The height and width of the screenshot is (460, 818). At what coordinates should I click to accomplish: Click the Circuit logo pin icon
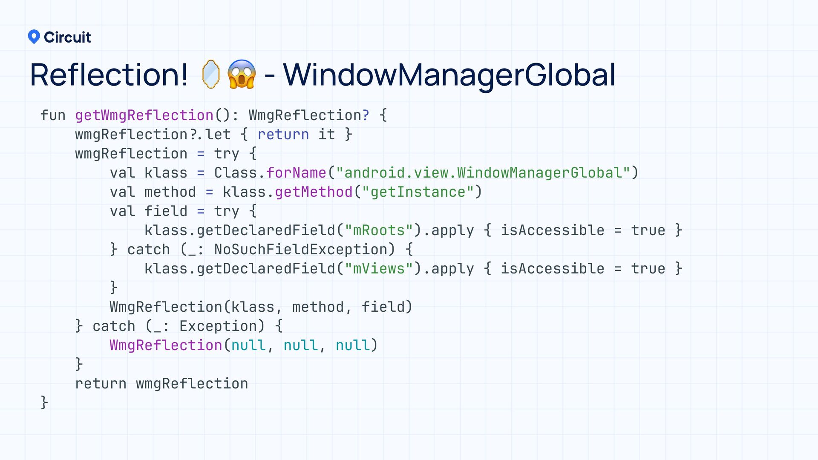pos(34,37)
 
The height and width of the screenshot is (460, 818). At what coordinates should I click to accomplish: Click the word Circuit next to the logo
pos(67,37)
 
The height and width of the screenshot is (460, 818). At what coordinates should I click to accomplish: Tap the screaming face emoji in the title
pos(242,75)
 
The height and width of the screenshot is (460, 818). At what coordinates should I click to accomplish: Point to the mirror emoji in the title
pos(211,75)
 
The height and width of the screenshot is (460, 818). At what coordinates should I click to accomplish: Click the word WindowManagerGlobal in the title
pos(449,75)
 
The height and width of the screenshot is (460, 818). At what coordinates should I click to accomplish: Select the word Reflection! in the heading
pos(109,75)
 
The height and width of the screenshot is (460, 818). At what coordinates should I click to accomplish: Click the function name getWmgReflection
pos(144,115)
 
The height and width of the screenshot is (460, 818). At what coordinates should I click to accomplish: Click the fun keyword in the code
pos(53,115)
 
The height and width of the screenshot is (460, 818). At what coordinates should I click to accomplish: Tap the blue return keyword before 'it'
pos(283,135)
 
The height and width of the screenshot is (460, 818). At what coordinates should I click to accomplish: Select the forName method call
pos(296,173)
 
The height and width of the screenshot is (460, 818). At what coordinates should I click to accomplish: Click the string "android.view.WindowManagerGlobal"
pos(483,173)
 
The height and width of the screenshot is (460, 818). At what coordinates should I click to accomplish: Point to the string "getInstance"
pos(418,192)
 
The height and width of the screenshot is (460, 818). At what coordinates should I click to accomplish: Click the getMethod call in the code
pos(314,192)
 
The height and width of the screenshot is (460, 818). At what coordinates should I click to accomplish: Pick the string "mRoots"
pos(379,230)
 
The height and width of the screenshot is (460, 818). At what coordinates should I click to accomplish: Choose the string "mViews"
pos(379,269)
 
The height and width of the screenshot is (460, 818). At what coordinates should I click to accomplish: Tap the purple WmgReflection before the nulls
pos(166,345)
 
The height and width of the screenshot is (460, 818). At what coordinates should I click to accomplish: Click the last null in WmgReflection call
pos(353,345)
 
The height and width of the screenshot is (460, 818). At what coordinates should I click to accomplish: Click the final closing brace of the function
pos(44,402)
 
